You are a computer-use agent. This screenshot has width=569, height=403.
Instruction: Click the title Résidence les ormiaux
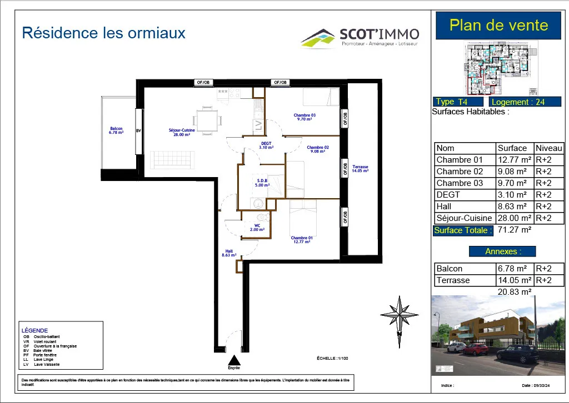(103, 33)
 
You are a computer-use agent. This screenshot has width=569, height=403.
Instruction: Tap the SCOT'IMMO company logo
(360, 37)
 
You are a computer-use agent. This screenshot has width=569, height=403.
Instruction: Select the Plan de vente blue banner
(498, 26)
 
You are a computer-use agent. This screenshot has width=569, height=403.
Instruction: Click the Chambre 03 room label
(305, 117)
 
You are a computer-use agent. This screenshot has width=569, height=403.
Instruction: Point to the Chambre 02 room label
(318, 149)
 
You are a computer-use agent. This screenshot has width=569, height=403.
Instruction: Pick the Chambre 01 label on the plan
(302, 240)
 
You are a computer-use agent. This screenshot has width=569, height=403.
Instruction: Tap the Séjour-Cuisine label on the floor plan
(179, 133)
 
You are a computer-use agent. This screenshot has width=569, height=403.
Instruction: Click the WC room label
(257, 227)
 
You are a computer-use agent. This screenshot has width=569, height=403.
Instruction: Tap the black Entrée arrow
(234, 360)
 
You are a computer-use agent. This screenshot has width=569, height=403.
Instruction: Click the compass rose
(399, 315)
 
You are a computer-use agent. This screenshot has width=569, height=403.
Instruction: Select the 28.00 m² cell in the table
(514, 218)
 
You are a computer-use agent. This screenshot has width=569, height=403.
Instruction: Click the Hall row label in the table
(445, 206)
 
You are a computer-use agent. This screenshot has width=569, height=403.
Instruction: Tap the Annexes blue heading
(502, 251)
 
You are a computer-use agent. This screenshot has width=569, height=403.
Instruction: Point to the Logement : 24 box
(517, 102)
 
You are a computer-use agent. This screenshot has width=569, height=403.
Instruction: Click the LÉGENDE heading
(35, 330)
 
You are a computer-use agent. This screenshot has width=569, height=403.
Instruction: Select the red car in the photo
(476, 349)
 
